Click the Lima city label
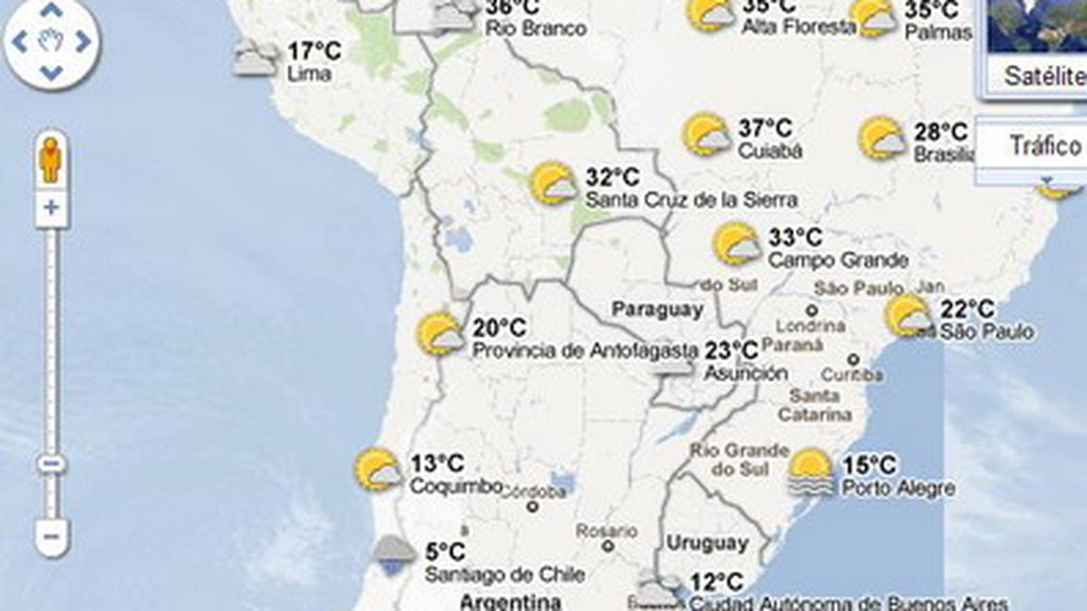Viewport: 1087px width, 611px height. pos(308,74)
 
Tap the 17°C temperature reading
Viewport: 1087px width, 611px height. pos(313,51)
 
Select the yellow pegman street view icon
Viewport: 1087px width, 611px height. pos(51,161)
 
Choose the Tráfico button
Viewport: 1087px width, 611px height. pos(1045,146)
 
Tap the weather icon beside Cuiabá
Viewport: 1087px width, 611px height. pos(707,135)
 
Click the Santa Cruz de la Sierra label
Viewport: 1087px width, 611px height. pos(691,199)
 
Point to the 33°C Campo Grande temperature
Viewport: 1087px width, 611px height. pos(794,237)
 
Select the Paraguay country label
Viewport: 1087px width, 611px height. pos(658,310)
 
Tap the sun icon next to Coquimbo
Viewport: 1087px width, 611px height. pos(378,470)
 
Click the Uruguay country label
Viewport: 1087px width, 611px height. pos(707,544)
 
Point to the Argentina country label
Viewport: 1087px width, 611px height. pos(509,601)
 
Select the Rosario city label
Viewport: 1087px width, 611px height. pos(606,530)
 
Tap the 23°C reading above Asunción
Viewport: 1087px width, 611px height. pos(731,350)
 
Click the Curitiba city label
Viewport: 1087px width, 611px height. pos(852,374)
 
